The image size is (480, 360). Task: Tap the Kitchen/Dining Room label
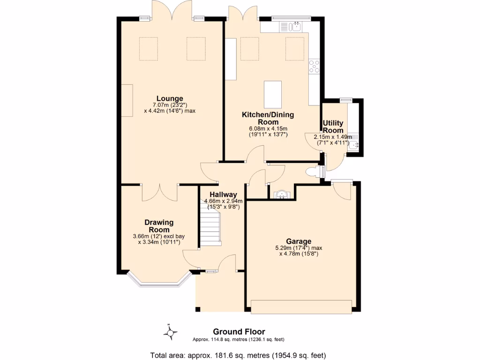pyautogui.click(x=268, y=118)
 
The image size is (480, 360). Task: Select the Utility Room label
pyautogui.click(x=333, y=127)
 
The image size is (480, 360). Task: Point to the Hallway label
pyautogui.click(x=223, y=195)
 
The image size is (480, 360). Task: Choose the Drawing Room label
pyautogui.click(x=159, y=226)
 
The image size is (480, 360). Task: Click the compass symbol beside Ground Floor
pyautogui.click(x=171, y=333)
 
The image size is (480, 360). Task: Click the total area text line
pyautogui.click(x=238, y=355)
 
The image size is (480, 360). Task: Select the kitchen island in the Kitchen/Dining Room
pyautogui.click(x=273, y=94)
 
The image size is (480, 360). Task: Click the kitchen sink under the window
pyautogui.click(x=293, y=27)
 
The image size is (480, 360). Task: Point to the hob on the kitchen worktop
pyautogui.click(x=314, y=67)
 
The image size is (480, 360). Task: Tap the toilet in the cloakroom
pyautogui.click(x=311, y=172)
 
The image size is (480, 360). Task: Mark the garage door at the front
pyautogui.click(x=301, y=307)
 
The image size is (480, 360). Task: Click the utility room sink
pyautogui.click(x=354, y=145)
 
